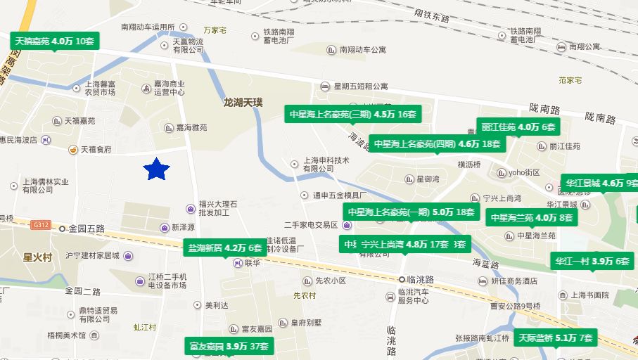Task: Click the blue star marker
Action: (157, 169)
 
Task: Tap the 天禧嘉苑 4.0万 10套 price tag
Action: (54, 41)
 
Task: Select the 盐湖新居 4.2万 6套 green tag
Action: (224, 247)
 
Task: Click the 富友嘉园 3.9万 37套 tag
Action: (229, 347)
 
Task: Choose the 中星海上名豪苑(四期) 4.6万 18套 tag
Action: (437, 144)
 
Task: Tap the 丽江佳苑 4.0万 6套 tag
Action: (519, 127)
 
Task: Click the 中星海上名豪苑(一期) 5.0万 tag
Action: (411, 212)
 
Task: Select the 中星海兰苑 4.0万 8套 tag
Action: (532, 218)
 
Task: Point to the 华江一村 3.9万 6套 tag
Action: (592, 261)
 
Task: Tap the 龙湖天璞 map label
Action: (243, 103)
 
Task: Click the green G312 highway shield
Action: (40, 224)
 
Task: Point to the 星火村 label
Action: (38, 257)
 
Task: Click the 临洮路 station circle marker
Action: (402, 279)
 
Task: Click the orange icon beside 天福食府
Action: (72, 150)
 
